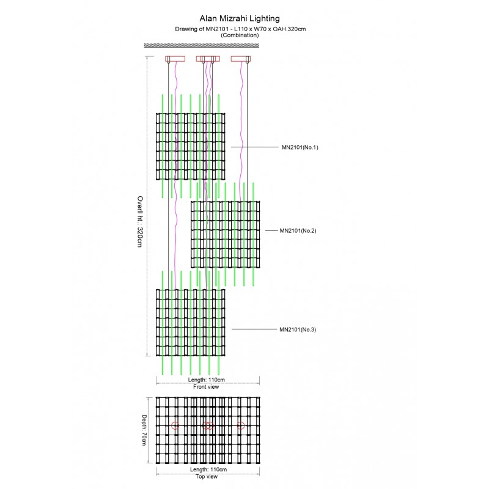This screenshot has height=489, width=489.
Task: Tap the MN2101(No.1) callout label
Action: click(x=300, y=147)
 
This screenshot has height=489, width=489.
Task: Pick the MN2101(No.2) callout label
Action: click(x=298, y=231)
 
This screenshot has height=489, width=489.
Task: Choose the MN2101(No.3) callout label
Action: click(x=298, y=330)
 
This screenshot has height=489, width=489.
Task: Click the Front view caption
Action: click(x=206, y=386)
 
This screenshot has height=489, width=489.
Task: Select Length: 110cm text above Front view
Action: click(x=206, y=380)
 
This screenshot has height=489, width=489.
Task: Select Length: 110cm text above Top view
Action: click(x=208, y=469)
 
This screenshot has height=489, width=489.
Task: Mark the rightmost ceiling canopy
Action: click(x=241, y=59)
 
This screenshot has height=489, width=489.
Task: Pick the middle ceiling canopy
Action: click(x=207, y=59)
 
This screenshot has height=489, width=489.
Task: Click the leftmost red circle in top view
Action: click(x=175, y=425)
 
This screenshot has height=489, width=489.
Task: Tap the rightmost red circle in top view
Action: click(x=240, y=425)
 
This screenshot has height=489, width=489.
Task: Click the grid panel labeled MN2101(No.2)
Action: click(x=226, y=235)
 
